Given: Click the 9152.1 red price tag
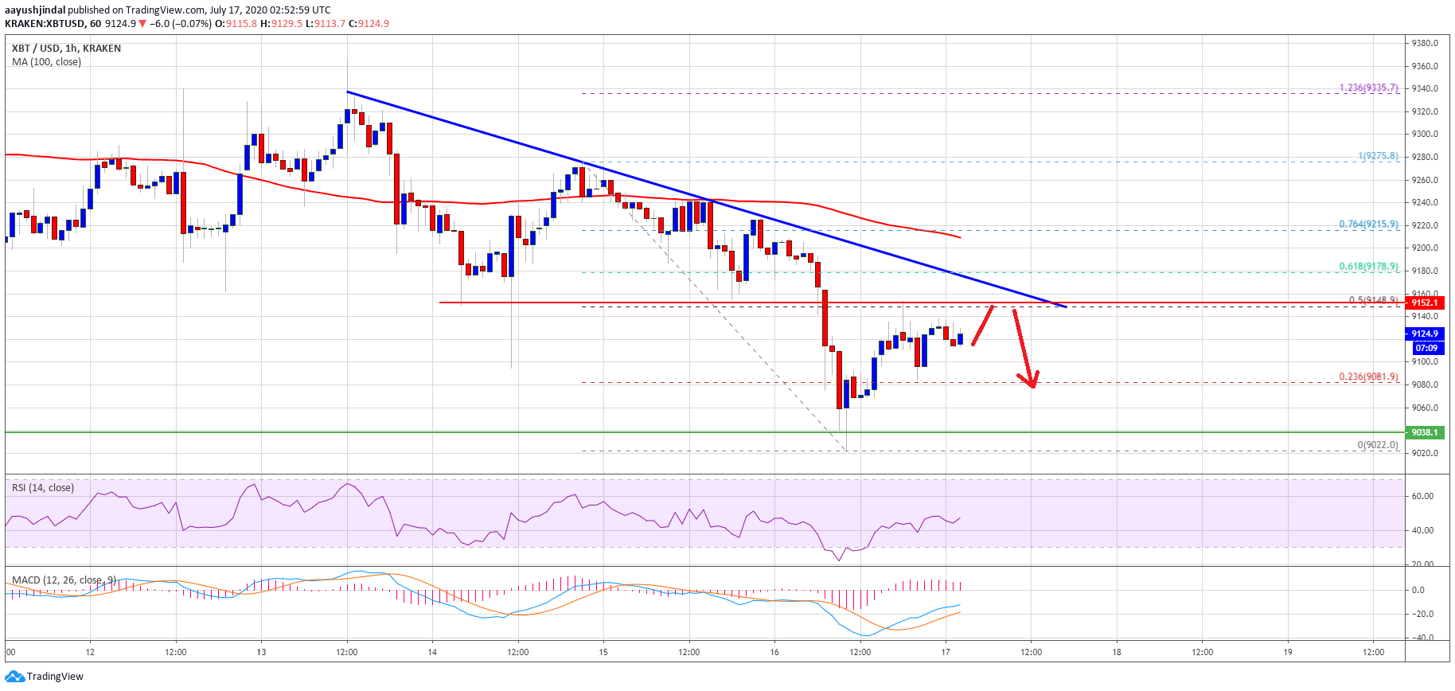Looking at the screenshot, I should tap(1425, 303).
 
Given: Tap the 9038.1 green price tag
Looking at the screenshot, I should tap(1425, 432).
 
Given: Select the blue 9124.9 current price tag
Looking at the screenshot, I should tap(1425, 334).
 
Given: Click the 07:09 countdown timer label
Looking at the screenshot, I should tap(1426, 348).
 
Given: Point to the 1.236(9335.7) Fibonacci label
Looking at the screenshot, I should tap(1368, 88).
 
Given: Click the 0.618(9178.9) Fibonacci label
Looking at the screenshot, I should tap(1368, 267).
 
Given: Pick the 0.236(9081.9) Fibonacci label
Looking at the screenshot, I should tap(1368, 377).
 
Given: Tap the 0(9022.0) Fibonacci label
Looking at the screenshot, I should tap(1377, 445).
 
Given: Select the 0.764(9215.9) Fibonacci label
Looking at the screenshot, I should tap(1368, 224).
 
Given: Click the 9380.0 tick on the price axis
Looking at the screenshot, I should tap(1424, 43).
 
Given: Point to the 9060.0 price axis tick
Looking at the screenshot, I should tap(1424, 408).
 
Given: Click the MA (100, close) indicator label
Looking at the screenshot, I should tap(46, 62).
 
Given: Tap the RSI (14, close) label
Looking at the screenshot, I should tap(43, 488).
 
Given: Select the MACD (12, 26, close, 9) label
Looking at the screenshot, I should tap(64, 580).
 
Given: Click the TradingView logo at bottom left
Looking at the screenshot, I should tap(44, 677).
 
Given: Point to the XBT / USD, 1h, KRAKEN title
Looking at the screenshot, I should tap(66, 49).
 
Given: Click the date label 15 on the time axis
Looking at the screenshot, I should tap(603, 652).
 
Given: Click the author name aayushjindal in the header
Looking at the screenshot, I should tap(35, 10).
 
